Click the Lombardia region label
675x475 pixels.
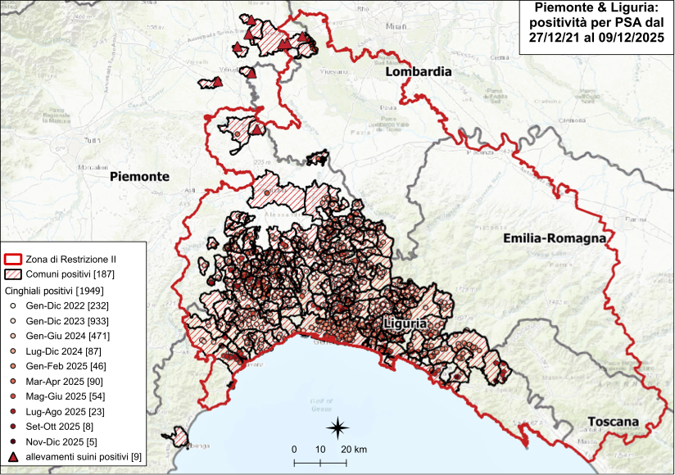point(419,72)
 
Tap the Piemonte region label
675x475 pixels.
point(139,176)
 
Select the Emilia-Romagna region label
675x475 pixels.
point(555,238)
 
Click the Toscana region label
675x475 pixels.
point(612,423)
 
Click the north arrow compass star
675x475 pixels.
point(337,427)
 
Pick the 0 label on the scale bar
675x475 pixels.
point(293,450)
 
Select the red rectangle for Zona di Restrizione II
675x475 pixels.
point(14,259)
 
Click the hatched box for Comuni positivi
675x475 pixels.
point(14,274)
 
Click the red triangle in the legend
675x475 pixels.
point(13,456)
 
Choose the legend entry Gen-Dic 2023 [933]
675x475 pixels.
point(61,320)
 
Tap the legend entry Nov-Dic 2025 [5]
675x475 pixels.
point(61,441)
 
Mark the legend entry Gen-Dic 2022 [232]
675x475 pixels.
point(61,305)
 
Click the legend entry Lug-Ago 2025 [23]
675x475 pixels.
point(61,411)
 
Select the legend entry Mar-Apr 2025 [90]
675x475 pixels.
point(61,381)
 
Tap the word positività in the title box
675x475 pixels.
point(562,23)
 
